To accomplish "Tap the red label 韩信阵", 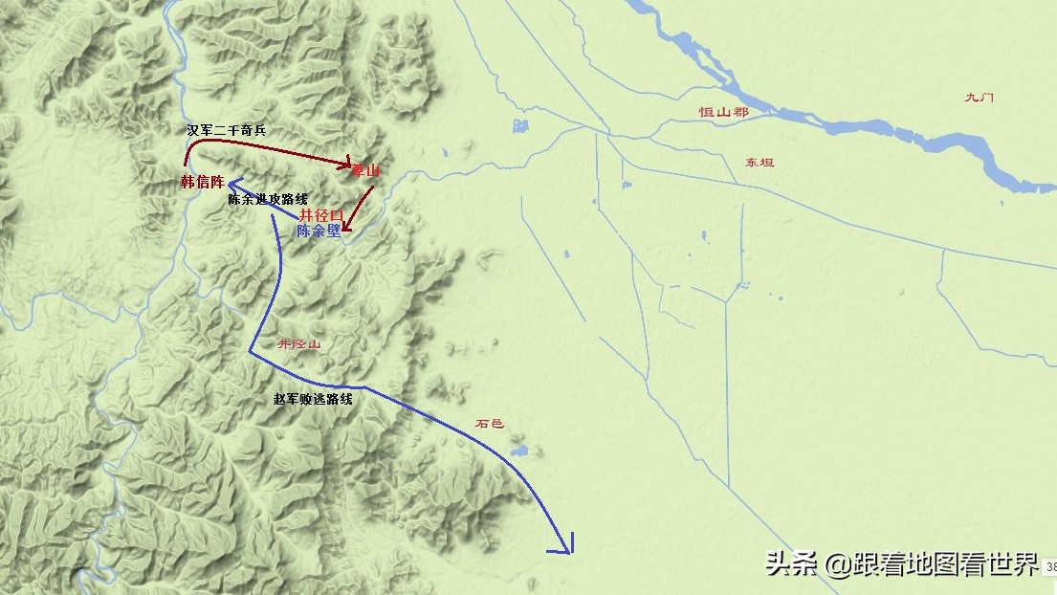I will tap(202, 182).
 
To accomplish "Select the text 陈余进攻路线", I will tap(268, 200).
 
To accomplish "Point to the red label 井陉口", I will tap(321, 215).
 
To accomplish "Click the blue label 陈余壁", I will tap(319, 231).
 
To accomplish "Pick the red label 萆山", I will tap(365, 170).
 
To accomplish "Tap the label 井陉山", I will tap(298, 343).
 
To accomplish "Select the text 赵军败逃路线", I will tap(313, 399).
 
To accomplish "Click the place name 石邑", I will tap(489, 423).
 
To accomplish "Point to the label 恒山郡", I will tap(723, 113).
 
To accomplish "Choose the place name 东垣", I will tap(760, 163).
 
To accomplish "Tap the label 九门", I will tap(980, 97).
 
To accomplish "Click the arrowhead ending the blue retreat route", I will tap(563, 546).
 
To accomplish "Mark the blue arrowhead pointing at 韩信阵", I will tap(233, 183).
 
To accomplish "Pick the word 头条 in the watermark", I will tap(790, 564).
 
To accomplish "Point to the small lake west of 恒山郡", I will tap(519, 125).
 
